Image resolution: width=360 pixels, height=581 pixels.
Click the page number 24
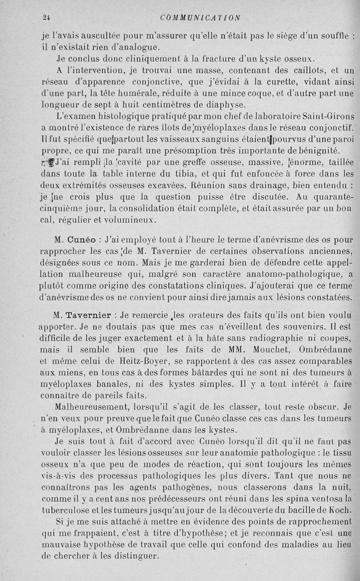pos(45,18)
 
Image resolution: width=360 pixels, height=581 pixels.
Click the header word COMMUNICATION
pos(200,18)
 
